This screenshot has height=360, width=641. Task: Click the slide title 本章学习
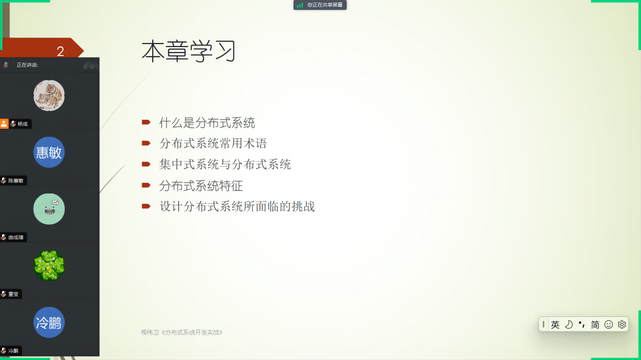(x=189, y=51)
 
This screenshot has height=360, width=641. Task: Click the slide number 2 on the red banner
(x=61, y=52)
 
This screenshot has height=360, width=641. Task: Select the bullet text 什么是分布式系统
(x=207, y=123)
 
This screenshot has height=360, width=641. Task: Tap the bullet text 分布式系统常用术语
(x=213, y=143)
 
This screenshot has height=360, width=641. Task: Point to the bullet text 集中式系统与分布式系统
(x=225, y=165)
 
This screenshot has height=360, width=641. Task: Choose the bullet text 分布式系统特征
(x=201, y=186)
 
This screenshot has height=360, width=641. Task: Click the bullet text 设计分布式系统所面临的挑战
(x=237, y=206)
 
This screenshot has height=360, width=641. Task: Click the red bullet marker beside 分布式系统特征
(x=146, y=185)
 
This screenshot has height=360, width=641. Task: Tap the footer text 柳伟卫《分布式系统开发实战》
(x=182, y=332)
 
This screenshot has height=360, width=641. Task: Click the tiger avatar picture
(x=49, y=95)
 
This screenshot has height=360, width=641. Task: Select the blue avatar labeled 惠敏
(x=49, y=152)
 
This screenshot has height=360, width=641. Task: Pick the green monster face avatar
(x=49, y=209)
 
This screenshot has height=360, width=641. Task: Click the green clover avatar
(x=49, y=265)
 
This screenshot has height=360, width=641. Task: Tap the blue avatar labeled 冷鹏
(x=49, y=322)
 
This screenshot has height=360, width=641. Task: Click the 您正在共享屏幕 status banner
(x=320, y=5)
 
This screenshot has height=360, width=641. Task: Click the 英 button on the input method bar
(x=555, y=324)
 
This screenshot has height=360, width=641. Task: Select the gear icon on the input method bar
(x=622, y=324)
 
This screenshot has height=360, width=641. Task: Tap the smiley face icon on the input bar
(x=608, y=324)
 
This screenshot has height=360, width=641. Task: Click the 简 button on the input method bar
(x=595, y=324)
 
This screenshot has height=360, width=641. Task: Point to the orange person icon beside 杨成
(x=4, y=124)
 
